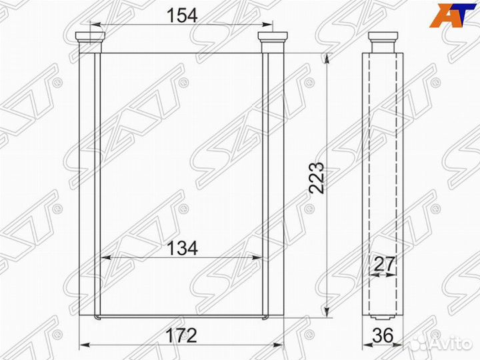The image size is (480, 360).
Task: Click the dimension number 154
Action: pyautogui.click(x=182, y=15)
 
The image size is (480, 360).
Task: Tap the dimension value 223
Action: pyautogui.click(x=317, y=177)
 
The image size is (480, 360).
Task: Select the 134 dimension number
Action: pyautogui.click(x=182, y=248)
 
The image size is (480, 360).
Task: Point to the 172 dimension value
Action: pyautogui.click(x=181, y=335)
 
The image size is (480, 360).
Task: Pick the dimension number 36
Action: pyautogui.click(x=383, y=335)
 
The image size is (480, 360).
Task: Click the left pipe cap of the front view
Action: pyautogui.click(x=90, y=42)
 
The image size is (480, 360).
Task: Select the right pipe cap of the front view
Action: pyautogui.click(x=273, y=42)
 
